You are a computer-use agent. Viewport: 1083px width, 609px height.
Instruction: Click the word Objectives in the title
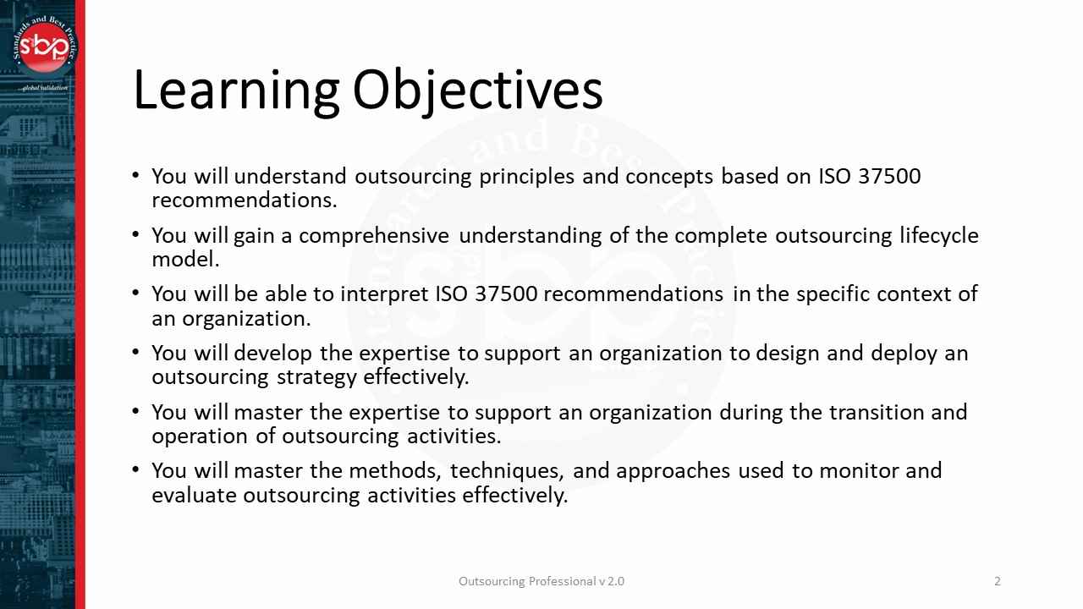[477, 90]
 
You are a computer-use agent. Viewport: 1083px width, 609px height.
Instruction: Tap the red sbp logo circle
[43, 47]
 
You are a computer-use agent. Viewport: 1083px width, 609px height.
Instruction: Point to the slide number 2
[998, 581]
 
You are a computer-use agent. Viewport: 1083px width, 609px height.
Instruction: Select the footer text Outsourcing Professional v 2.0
[541, 581]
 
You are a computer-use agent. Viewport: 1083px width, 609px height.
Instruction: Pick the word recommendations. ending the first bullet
[244, 200]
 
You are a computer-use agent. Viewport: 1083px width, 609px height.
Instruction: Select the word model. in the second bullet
[185, 260]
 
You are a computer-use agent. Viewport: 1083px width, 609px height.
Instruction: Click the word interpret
[385, 294]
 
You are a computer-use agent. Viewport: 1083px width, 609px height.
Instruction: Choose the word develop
[272, 354]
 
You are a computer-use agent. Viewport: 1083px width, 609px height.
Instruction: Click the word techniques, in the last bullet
[507, 471]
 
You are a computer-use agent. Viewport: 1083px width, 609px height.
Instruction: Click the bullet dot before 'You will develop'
[136, 351]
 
